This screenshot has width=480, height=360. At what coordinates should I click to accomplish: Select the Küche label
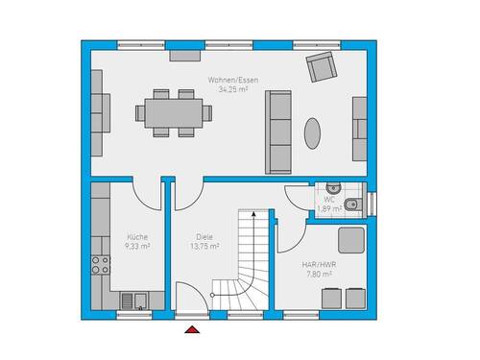(137, 236)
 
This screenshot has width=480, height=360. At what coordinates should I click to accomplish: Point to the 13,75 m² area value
(204, 246)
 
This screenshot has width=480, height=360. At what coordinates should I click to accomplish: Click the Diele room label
(204, 237)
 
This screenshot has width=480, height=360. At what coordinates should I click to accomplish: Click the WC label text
(328, 199)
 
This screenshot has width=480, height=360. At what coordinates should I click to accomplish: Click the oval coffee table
(314, 132)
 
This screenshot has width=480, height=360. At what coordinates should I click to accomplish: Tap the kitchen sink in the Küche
(140, 300)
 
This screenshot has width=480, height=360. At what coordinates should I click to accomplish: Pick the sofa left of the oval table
(279, 130)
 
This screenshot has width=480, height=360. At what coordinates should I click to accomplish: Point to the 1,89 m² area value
(329, 207)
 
